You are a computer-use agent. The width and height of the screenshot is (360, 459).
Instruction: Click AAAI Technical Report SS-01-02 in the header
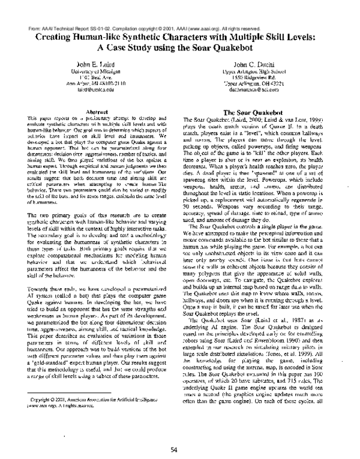[66, 11]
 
